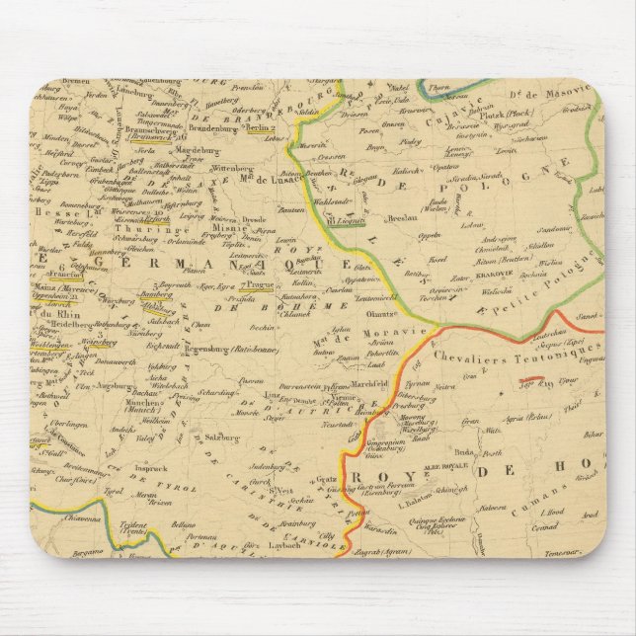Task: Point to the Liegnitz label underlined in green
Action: (345, 210)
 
